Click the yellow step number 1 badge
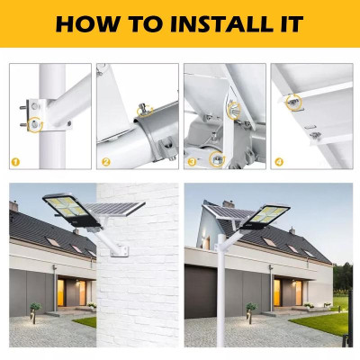(x=15, y=162)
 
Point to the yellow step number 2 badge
(x=105, y=162)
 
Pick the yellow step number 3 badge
(x=193, y=162)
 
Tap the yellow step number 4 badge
(x=278, y=162)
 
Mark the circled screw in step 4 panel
(x=294, y=101)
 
